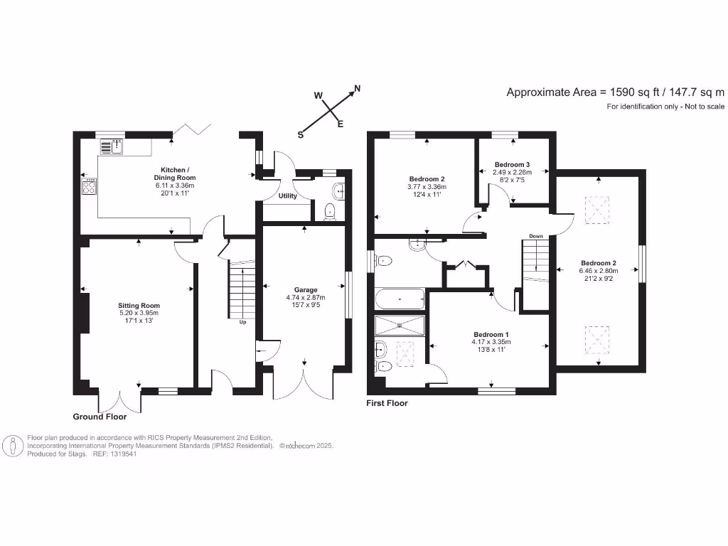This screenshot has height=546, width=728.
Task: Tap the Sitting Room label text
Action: [x=139, y=305]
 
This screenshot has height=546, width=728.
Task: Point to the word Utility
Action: [x=288, y=196]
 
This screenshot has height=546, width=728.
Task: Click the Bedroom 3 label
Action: [x=513, y=164]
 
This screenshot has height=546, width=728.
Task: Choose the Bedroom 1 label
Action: [x=491, y=333]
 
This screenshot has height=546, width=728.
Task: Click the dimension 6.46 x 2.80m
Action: [x=599, y=270]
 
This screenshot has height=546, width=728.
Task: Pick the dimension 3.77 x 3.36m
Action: [x=427, y=188]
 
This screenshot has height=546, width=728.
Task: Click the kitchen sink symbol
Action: [x=112, y=147]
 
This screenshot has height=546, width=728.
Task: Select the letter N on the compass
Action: [x=358, y=89]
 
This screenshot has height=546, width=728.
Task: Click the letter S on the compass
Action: [x=301, y=134]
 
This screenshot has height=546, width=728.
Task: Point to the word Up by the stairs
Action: [x=242, y=321]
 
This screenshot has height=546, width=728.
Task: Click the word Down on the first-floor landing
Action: [x=536, y=237]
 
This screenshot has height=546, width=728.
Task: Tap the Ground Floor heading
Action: [x=100, y=417]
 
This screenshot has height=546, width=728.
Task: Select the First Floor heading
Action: [x=387, y=403]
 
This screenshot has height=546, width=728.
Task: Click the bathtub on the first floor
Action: [x=400, y=299]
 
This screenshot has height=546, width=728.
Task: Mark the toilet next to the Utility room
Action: [x=329, y=211]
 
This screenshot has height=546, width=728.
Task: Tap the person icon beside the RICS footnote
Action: [x=14, y=446]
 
